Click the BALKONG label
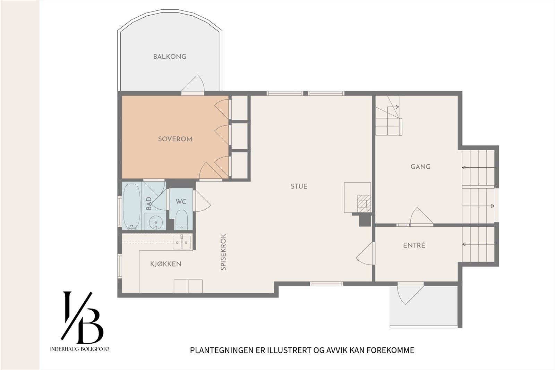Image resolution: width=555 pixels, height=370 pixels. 170,57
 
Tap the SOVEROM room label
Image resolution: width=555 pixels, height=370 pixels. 175,139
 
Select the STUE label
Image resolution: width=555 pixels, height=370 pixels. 299,186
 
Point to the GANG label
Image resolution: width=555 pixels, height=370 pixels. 420,167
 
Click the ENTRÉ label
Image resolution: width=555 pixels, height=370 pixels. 414,245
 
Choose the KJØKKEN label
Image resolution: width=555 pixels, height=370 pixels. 166,264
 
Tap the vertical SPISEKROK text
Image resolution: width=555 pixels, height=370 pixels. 223,252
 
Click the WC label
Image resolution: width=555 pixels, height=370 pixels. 181,202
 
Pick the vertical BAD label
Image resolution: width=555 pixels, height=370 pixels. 149,203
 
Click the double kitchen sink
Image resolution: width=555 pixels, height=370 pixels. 182,242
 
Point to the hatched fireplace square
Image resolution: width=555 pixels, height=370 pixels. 362,201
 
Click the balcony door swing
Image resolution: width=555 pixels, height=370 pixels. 193,83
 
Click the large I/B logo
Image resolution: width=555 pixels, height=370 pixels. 82,318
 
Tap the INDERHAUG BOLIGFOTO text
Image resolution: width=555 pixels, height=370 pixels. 80,349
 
